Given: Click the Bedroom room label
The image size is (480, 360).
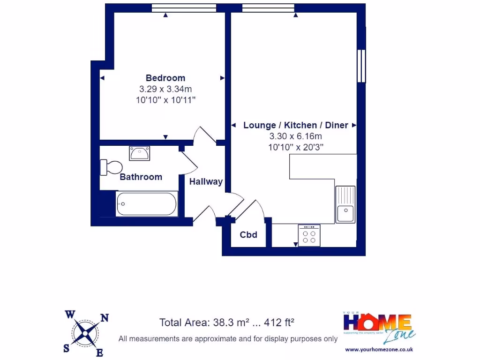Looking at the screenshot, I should pyautogui.click(x=165, y=78).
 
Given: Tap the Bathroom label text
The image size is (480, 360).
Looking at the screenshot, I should pyautogui.click(x=141, y=177).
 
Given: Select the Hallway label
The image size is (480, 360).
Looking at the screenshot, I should pyautogui.click(x=206, y=182).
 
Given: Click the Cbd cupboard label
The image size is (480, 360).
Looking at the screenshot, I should pyautogui.click(x=248, y=235).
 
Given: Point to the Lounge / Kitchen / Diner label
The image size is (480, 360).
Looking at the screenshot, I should pyautogui.click(x=295, y=125).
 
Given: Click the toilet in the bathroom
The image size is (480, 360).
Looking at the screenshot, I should pyautogui.click(x=111, y=167).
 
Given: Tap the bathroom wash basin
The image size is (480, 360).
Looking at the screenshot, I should pyautogui.click(x=140, y=153).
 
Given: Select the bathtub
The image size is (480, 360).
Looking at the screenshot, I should pyautogui.click(x=146, y=204).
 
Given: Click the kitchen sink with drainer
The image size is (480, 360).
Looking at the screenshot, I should pyautogui.click(x=345, y=204).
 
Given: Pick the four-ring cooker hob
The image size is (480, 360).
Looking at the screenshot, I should pyautogui.click(x=309, y=235).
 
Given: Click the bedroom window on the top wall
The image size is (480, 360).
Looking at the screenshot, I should pyautogui.click(x=184, y=7).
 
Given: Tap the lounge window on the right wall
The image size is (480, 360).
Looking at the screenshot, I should pyautogui.click(x=361, y=66).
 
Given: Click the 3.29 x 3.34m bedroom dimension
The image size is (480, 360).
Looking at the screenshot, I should pyautogui.click(x=165, y=89).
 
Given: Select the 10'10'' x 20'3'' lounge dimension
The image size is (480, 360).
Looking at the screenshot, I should pyautogui.click(x=295, y=147).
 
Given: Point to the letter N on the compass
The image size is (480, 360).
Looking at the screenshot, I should pyautogui.click(x=105, y=318).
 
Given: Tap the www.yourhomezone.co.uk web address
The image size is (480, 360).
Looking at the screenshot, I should pyautogui.click(x=378, y=349).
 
